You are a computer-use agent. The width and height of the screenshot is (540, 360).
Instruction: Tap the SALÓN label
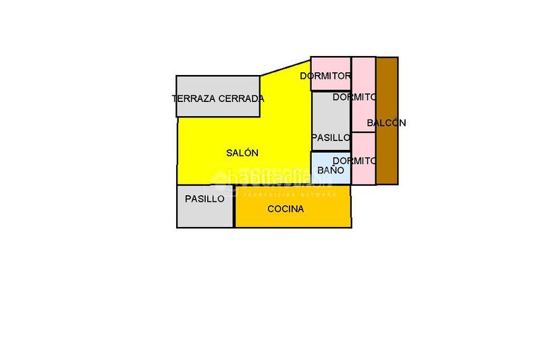coord(242,153)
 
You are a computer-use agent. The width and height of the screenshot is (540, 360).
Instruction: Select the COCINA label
coord(286,209)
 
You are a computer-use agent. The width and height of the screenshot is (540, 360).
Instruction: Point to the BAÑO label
coord(331,171)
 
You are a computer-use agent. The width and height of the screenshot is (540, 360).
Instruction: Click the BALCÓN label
coord(387,123)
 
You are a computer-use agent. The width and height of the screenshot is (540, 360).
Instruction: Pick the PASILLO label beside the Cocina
coord(205,199)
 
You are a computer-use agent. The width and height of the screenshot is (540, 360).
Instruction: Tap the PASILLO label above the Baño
coord(331,138)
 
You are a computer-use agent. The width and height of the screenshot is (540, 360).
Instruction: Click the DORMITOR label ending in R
coord(325,76)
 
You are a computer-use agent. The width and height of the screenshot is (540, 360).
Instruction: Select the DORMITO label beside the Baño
coord(354,161)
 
